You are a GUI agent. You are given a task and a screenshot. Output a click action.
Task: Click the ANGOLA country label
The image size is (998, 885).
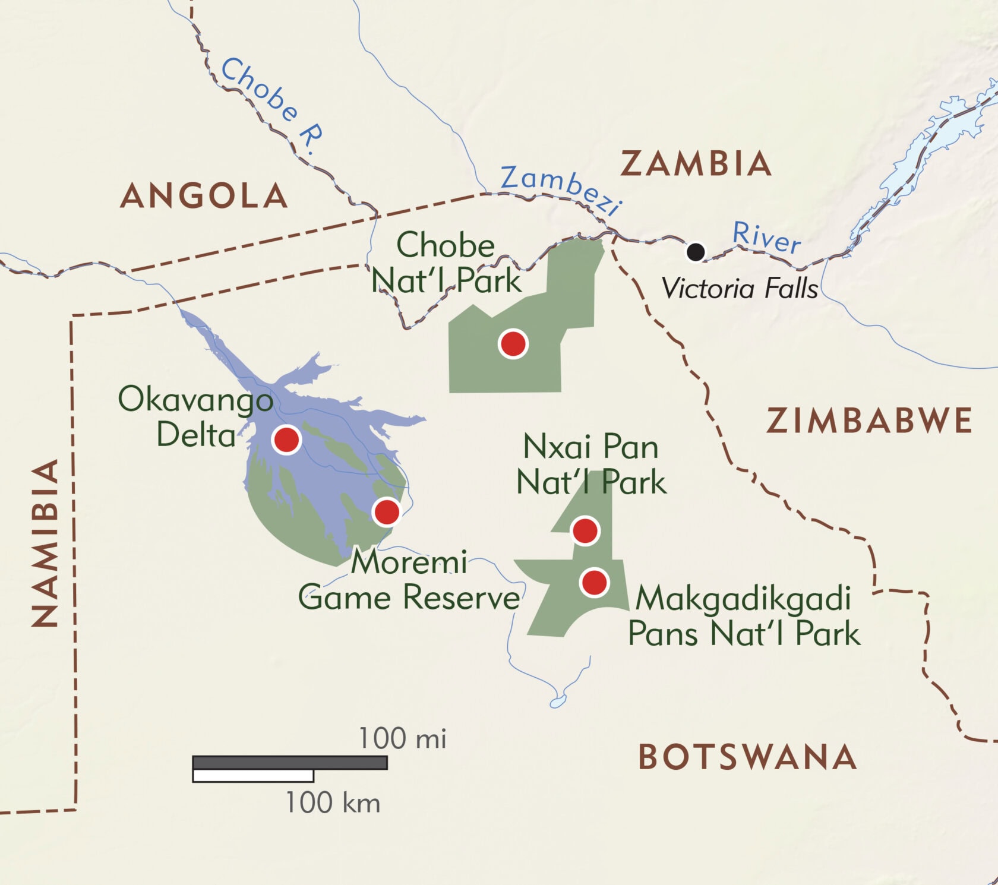[204, 196]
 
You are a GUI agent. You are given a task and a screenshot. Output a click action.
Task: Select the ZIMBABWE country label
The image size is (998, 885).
[868, 421]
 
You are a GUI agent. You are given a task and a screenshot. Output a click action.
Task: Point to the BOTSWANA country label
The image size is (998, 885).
[747, 757]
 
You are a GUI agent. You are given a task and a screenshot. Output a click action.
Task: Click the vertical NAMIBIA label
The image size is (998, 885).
[46, 542]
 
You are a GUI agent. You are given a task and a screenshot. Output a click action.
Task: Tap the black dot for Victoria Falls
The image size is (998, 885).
[696, 252]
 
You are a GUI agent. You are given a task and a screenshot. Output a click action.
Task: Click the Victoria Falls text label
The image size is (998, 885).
[740, 289]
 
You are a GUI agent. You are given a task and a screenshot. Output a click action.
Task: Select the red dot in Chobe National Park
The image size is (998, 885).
[513, 343]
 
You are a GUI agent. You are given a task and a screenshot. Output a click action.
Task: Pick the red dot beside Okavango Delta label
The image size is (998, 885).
[286, 440]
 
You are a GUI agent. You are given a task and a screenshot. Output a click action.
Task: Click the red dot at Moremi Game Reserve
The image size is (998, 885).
[387, 511]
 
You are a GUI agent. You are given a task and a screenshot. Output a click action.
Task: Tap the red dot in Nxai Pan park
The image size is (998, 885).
[585, 530]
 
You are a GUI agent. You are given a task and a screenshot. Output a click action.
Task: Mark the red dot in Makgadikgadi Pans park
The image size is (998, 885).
[594, 583]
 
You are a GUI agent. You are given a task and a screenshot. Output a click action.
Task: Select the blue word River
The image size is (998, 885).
[766, 237]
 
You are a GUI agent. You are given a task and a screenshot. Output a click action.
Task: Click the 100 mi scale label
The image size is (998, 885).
[402, 739]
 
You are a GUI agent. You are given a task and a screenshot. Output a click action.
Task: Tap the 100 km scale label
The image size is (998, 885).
[332, 803]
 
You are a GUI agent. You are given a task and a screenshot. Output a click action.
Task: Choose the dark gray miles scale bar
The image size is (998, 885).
[290, 762]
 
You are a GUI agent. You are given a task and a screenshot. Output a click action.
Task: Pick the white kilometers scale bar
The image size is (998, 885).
[253, 776]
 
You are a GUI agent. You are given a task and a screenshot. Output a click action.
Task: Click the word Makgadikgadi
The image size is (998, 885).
[743, 599]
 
